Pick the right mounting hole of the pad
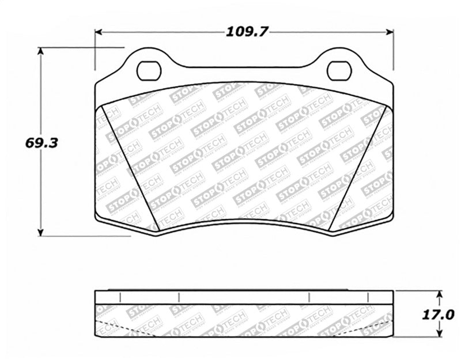(339, 70)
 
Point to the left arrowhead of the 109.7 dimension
(98, 32)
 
